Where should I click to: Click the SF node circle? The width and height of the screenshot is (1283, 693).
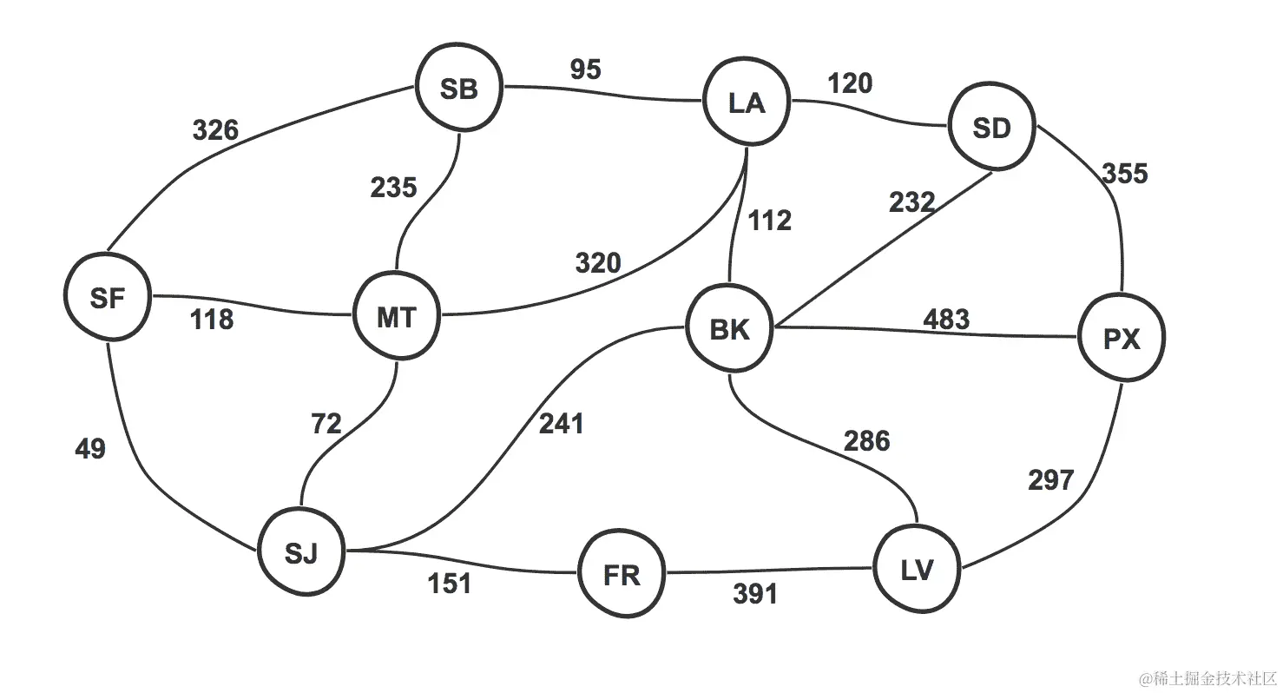(108, 298)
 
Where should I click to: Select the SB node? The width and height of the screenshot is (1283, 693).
(459, 89)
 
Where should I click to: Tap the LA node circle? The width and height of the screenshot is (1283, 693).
(747, 103)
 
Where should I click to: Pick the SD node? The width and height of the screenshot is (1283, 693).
(992, 129)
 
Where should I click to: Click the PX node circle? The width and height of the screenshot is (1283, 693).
(1122, 340)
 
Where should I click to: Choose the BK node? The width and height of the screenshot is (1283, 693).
(729, 330)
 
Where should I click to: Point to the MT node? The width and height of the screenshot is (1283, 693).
(397, 317)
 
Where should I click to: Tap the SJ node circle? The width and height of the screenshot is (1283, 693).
(301, 552)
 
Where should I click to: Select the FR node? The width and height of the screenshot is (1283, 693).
(622, 575)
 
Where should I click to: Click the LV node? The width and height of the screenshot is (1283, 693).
(918, 571)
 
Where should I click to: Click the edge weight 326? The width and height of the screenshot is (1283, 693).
(214, 131)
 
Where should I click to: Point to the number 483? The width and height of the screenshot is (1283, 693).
(946, 320)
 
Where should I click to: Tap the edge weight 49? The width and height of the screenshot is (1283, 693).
(90, 449)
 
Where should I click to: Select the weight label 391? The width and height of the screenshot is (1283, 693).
(754, 594)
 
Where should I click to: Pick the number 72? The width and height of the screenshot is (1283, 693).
(326, 425)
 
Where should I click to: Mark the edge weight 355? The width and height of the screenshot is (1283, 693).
(1125, 174)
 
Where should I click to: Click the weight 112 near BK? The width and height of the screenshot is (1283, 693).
(771, 221)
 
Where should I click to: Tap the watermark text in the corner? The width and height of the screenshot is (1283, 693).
(1207, 676)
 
